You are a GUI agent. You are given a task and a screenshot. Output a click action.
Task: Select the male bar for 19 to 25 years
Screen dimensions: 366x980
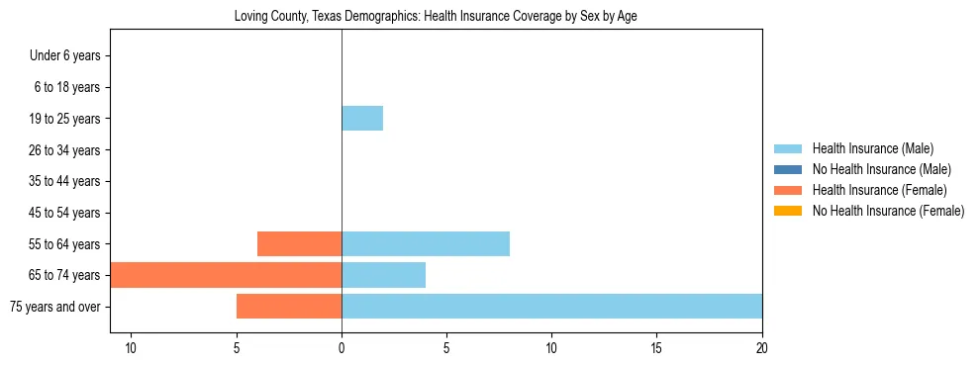coord(362,119)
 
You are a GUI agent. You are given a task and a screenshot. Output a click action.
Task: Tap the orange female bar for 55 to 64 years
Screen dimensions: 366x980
coord(299,243)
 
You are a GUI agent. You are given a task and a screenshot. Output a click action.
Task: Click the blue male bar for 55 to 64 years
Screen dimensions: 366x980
coord(426,243)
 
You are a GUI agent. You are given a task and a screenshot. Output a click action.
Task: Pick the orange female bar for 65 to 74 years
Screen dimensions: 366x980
coord(226,275)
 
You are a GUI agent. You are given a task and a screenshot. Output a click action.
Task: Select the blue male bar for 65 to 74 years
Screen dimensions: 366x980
coord(383,275)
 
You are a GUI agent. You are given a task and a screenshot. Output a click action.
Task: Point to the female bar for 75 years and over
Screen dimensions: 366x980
coord(289,307)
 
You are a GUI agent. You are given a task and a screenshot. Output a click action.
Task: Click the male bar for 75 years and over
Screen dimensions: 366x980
coord(551,307)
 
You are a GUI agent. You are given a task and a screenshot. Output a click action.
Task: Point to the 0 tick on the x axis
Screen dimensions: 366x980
coord(342,348)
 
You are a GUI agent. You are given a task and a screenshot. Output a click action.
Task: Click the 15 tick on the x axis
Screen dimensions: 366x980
coord(656,348)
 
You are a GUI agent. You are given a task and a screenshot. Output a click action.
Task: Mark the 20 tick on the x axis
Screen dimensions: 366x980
coord(761,348)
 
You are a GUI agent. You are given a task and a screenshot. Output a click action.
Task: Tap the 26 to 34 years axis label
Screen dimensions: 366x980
coord(65,150)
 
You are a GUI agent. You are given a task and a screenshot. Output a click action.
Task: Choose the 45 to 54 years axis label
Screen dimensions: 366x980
coord(65,213)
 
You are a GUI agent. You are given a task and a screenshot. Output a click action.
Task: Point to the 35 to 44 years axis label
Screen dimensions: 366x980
coord(65,181)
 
